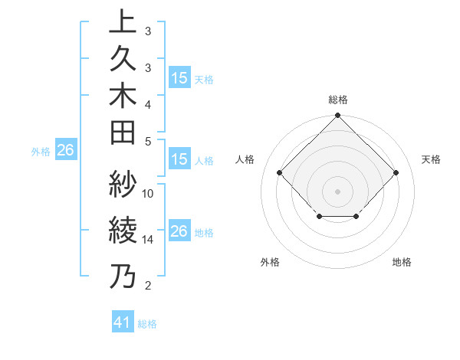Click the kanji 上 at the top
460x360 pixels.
click(x=122, y=22)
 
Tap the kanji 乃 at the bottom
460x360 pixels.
click(x=122, y=276)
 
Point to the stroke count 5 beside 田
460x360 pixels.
click(x=148, y=141)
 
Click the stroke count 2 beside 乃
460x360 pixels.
click(x=148, y=286)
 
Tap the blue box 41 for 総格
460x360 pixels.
click(x=123, y=323)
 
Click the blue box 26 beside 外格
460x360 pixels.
click(x=65, y=151)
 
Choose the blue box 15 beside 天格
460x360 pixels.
click(x=179, y=78)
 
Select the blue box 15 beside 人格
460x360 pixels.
click(x=179, y=160)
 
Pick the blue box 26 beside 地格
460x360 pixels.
click(x=179, y=231)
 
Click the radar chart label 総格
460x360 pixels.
click(x=337, y=100)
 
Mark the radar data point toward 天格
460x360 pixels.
click(x=396, y=172)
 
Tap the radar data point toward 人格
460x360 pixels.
click(x=279, y=172)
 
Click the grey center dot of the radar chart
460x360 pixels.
click(x=337, y=191)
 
